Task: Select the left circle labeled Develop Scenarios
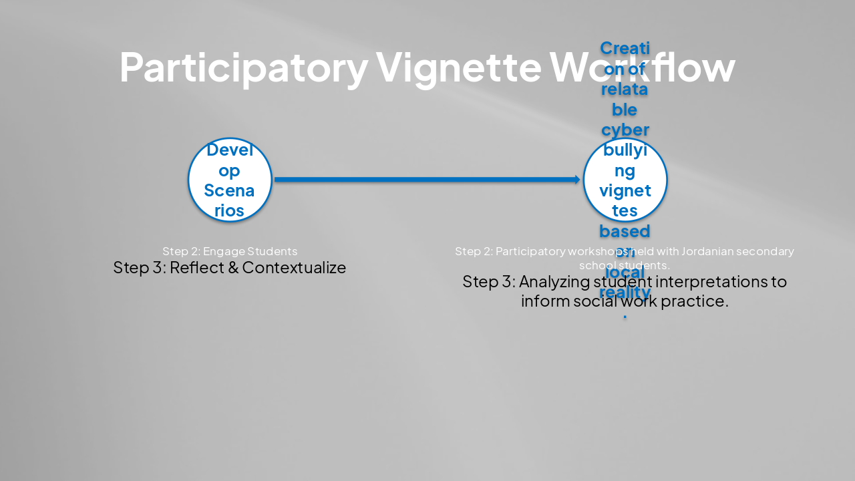[230, 180]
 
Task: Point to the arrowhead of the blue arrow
[577, 179]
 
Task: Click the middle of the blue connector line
[426, 179]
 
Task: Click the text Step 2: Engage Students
[230, 251]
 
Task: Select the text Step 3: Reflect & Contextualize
[230, 267]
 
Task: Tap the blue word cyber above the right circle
[625, 129]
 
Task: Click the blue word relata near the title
[625, 89]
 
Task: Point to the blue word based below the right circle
[625, 231]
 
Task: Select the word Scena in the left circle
[230, 190]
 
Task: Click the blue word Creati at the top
[625, 48]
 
